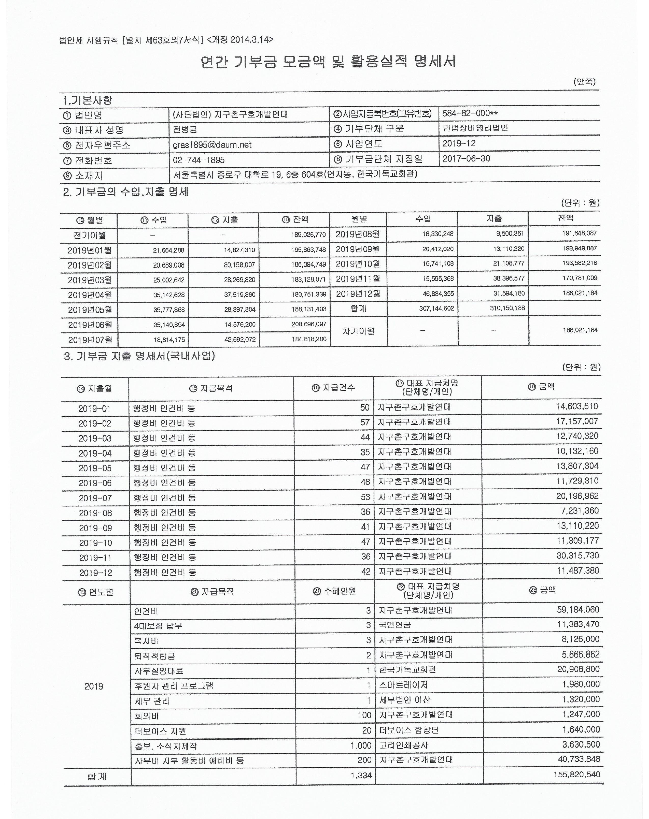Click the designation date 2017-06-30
tap(466, 158)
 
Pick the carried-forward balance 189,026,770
tap(308, 235)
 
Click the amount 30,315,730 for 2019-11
tap(577, 555)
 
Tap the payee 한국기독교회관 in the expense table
tap(407, 669)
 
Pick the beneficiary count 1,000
tap(361, 745)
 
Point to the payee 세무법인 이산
tap(405, 700)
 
